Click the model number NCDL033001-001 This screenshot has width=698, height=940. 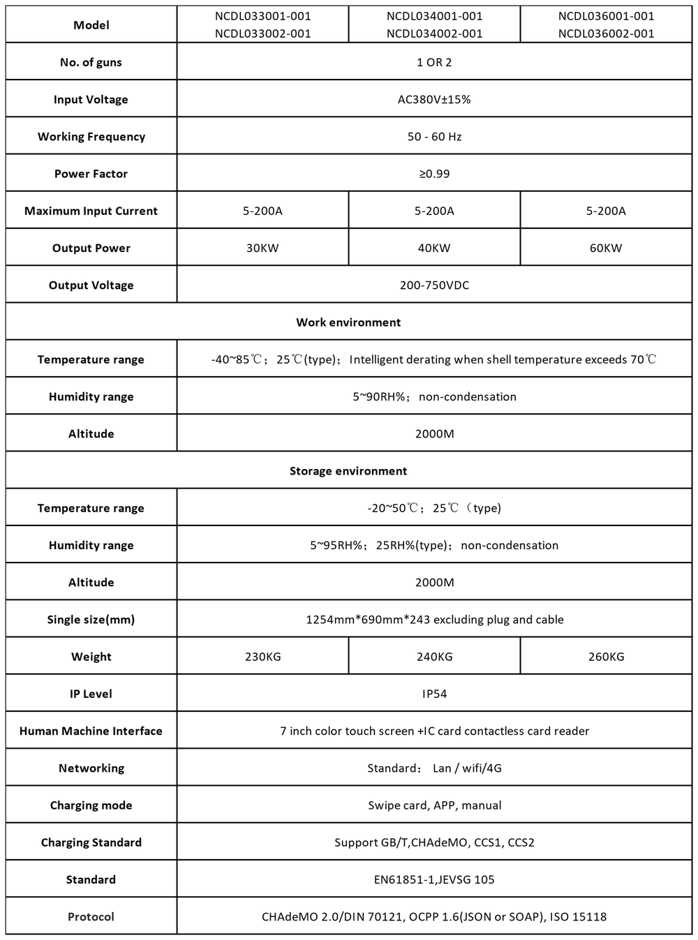click(262, 16)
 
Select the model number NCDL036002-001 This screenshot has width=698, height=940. click(606, 33)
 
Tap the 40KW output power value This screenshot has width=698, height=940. click(434, 248)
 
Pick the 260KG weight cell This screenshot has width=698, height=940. click(606, 657)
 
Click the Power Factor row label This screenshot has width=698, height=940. click(91, 174)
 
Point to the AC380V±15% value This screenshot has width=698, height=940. click(434, 100)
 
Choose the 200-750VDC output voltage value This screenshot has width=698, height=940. click(434, 285)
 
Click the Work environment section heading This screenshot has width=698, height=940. click(348, 322)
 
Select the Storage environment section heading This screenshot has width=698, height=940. click(348, 471)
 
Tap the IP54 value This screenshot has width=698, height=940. click(434, 694)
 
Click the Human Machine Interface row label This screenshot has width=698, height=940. click(91, 731)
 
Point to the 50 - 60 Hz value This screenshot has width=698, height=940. click(434, 137)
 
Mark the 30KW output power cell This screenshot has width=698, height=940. click(262, 248)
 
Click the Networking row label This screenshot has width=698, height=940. click(91, 768)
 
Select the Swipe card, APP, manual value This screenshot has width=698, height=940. click(434, 805)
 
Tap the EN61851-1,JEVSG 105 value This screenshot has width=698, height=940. click(434, 879)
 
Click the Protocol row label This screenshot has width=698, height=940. click(91, 917)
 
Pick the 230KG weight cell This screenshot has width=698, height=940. click(262, 657)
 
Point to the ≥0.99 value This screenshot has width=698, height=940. click(434, 174)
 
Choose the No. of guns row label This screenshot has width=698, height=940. click(91, 63)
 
